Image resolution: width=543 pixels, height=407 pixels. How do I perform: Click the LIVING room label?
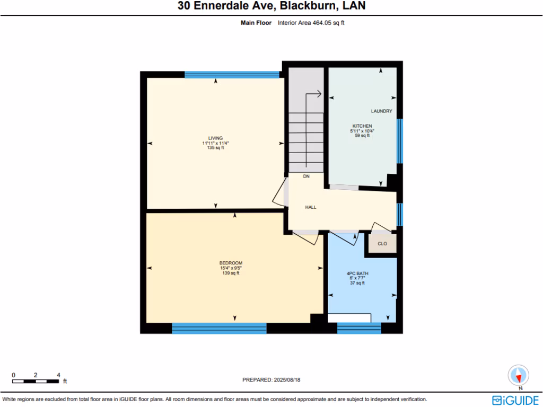click(x=215, y=138)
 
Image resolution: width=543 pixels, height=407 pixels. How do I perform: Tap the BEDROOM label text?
click(x=231, y=263)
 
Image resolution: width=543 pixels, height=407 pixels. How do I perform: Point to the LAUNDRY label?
click(x=381, y=111)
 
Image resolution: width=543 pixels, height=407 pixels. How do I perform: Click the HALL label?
click(x=311, y=207)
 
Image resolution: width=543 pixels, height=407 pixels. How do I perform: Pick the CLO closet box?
click(x=382, y=244)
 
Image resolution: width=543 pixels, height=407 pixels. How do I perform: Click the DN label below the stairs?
click(x=306, y=176)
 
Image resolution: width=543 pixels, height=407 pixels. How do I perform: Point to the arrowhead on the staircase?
click(x=319, y=94)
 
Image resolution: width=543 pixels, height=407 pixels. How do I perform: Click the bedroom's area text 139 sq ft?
click(x=231, y=273)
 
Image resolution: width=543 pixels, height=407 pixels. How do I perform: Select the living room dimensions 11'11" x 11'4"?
click(x=215, y=143)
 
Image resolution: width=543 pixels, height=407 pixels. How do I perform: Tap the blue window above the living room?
click(x=232, y=75)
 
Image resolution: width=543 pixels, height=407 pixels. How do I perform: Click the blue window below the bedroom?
click(x=219, y=329)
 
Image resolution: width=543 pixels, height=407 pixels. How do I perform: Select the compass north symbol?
click(x=518, y=375)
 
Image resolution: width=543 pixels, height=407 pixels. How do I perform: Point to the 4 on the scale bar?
click(x=58, y=375)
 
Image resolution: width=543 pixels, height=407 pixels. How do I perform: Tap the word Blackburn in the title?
click(x=302, y=6)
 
